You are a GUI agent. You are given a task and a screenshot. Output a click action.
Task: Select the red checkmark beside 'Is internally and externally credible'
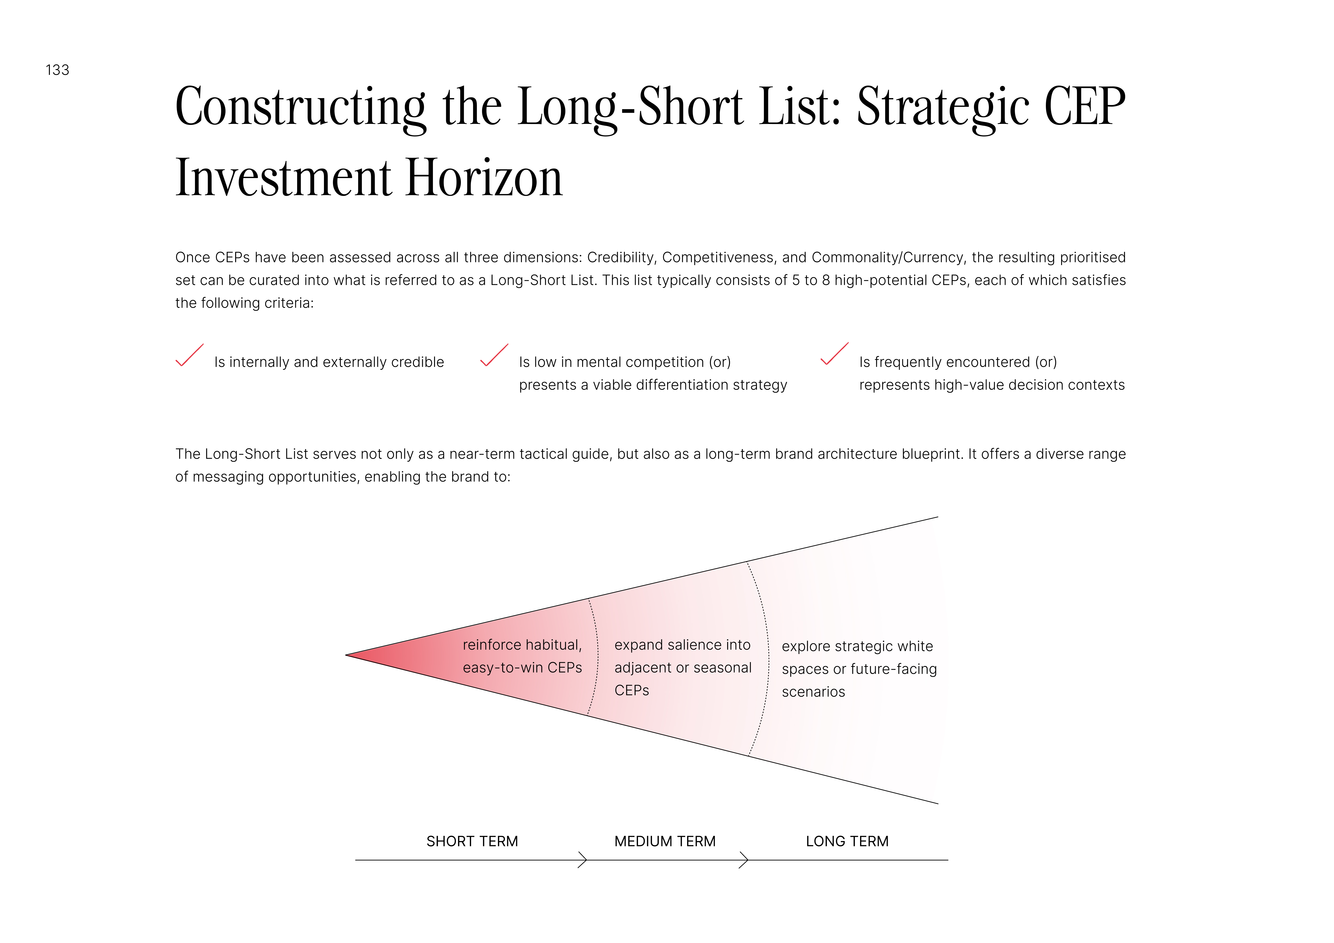189,355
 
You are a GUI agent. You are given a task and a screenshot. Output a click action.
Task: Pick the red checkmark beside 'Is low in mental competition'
494,355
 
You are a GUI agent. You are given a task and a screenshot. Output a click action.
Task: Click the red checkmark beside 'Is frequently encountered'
834,354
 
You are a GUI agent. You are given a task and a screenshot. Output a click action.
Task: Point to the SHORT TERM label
472,841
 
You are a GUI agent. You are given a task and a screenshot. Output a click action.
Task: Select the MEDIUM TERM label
665,841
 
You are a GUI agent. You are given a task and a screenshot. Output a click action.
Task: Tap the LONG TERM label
847,841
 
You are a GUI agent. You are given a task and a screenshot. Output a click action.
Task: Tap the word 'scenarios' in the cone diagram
813,692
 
